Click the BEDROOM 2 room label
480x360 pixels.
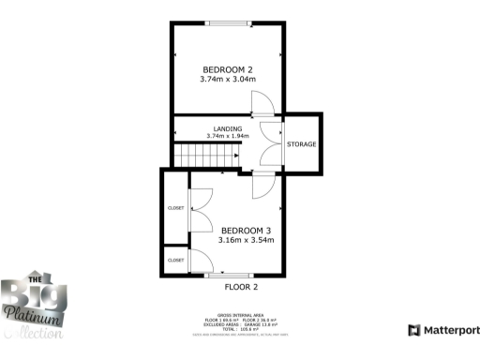[x=228, y=69]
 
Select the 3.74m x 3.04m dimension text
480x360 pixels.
[x=228, y=80]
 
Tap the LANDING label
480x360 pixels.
[x=228, y=128]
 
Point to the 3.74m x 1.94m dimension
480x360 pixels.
[x=228, y=137]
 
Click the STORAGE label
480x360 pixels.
[x=302, y=144]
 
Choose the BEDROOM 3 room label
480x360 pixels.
[x=246, y=231]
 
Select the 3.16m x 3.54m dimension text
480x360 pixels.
[x=246, y=241]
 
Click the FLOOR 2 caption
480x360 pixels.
[x=241, y=287]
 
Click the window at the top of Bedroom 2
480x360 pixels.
[x=228, y=23]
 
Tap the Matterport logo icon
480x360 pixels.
[x=413, y=330]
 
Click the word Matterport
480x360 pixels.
[x=451, y=330]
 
